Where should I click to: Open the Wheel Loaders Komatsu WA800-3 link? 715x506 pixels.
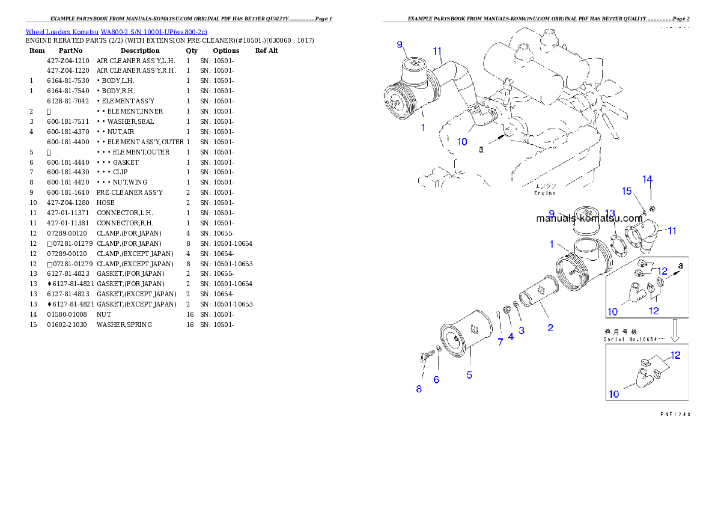pyautogui.click(x=116, y=32)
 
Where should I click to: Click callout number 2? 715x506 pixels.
pyautogui.click(x=550, y=328)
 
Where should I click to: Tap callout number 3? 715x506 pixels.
pyautogui.click(x=522, y=330)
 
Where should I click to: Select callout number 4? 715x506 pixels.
pyautogui.click(x=511, y=337)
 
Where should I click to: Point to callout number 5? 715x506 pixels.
pyautogui.click(x=469, y=375)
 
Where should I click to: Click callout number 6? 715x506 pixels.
pyautogui.click(x=436, y=379)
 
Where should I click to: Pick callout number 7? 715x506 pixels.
pyautogui.click(x=500, y=342)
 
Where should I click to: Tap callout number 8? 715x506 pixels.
pyautogui.click(x=419, y=389)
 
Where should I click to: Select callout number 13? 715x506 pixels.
pyautogui.click(x=610, y=214)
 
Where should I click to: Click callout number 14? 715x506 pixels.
pyautogui.click(x=647, y=179)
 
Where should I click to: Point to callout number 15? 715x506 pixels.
pyautogui.click(x=627, y=191)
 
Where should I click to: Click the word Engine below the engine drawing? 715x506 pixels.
pyautogui.click(x=545, y=194)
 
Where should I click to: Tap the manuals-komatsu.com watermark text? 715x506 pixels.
pyautogui.click(x=589, y=219)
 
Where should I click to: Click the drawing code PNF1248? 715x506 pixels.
pyautogui.click(x=675, y=414)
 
